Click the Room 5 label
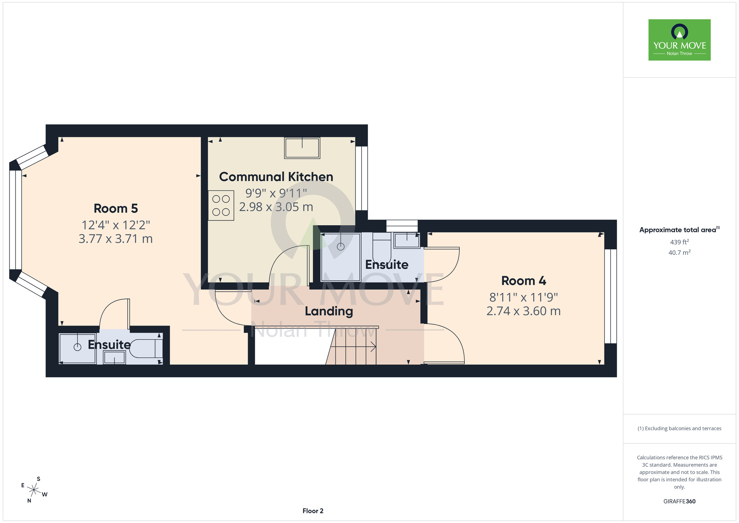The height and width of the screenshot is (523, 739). point(116,209)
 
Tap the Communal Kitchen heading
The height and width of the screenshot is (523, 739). point(276,177)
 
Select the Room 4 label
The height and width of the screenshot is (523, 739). point(524,281)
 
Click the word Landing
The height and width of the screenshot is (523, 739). point(329,311)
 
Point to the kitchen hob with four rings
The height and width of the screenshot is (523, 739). point(221,206)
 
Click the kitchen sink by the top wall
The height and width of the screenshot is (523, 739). point(302,148)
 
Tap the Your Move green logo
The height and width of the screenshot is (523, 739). point(680,40)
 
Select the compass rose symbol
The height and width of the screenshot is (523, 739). point(34,490)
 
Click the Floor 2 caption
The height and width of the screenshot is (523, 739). point(313,511)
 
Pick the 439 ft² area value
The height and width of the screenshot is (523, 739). point(680,242)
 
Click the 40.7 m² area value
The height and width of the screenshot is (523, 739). point(680,253)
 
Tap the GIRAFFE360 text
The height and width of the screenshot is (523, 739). point(680,502)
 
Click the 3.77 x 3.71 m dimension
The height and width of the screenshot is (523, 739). point(116,239)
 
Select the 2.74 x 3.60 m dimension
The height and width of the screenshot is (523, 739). point(524,311)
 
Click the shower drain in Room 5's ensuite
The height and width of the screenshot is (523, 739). point(77,347)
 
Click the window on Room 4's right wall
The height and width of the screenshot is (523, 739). point(610,296)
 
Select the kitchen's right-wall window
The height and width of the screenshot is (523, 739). point(361,178)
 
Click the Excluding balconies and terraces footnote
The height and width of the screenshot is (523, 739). point(680,428)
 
